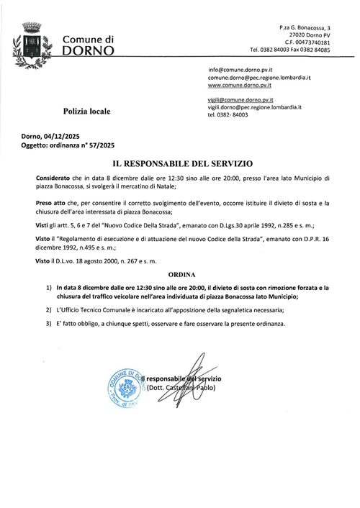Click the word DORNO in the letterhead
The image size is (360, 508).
click(89, 51)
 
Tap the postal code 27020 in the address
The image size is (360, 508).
click(294, 35)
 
